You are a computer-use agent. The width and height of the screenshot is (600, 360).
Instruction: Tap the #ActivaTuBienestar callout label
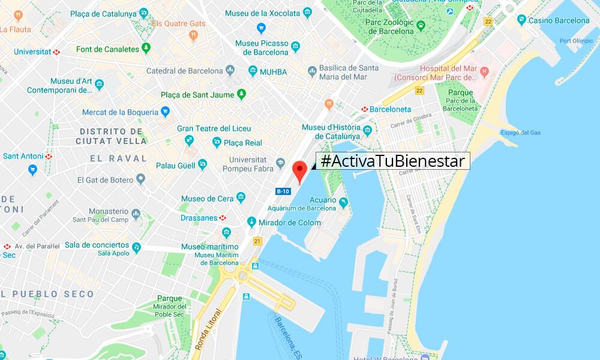[x=393, y=161]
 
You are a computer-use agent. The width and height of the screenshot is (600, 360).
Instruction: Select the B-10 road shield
[x=283, y=191]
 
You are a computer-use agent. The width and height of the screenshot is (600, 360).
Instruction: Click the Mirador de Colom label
[x=290, y=223]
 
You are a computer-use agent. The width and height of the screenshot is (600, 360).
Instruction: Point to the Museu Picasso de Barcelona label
[x=262, y=47]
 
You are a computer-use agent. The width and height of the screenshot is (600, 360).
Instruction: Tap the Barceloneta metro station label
[x=390, y=109]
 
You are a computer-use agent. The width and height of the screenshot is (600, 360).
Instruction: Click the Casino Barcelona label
[x=557, y=20]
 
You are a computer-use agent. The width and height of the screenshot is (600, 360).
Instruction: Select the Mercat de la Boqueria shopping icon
[x=165, y=112]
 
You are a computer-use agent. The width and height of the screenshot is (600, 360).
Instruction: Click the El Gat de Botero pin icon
[x=140, y=179]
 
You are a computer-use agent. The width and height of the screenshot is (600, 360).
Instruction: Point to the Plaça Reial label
[x=242, y=143]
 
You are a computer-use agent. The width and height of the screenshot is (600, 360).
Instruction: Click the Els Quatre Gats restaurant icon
[x=193, y=35]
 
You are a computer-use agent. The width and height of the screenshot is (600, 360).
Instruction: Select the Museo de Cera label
[x=207, y=198]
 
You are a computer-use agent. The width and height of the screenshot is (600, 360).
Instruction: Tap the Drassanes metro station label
[x=200, y=218]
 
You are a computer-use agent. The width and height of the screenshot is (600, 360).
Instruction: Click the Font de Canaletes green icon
[x=146, y=49]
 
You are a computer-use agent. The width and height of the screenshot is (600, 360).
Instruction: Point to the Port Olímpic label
[x=572, y=41]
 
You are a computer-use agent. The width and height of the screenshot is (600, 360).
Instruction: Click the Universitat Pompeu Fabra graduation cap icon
[x=280, y=163]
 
